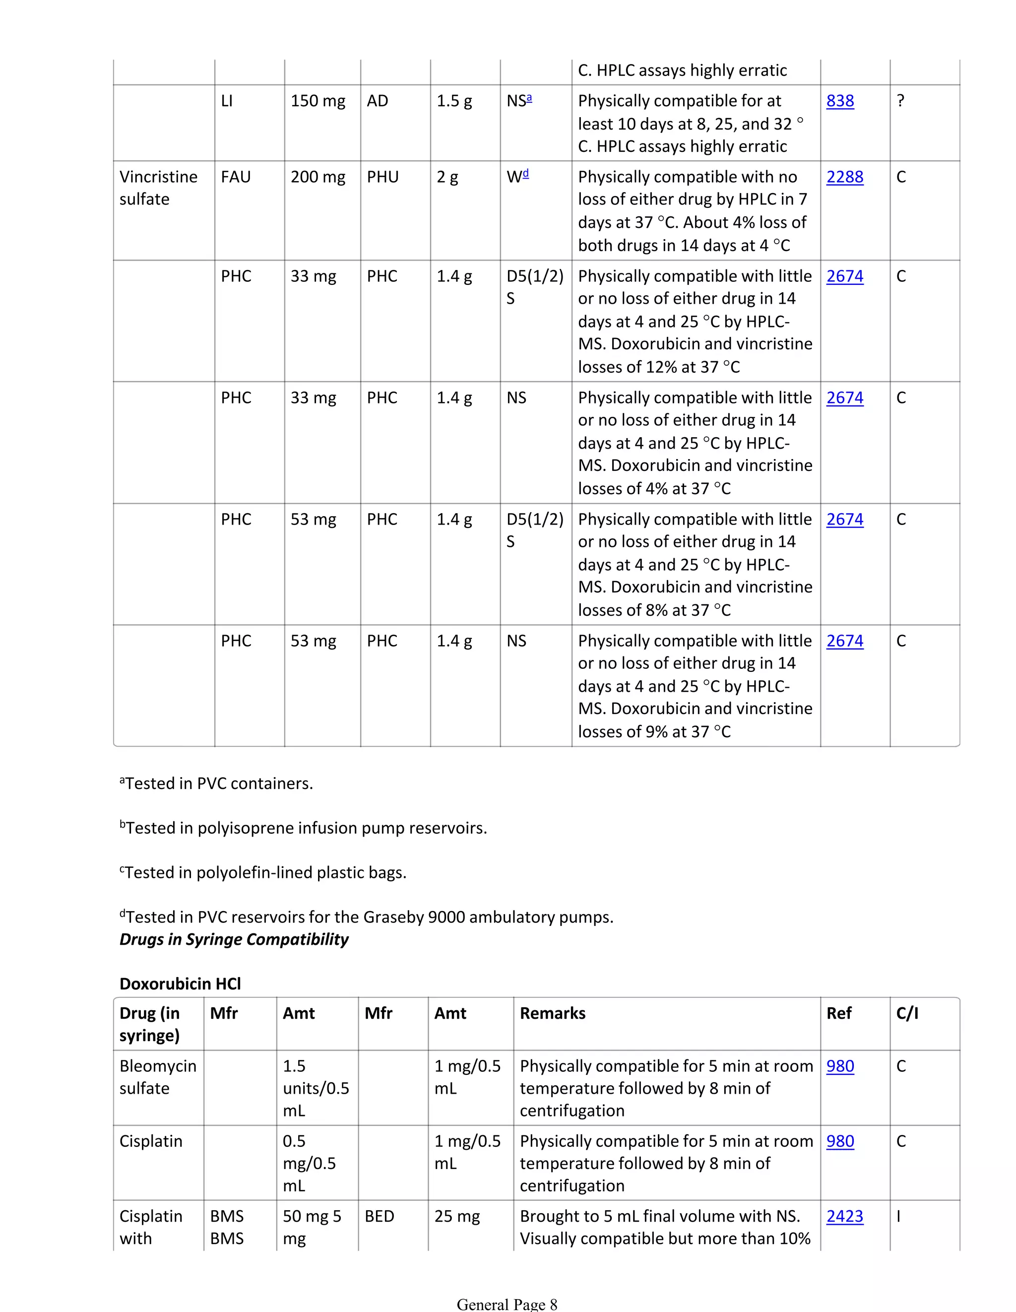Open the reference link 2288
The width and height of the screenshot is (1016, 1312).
coord(844,177)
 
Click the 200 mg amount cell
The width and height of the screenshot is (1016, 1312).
coord(317,177)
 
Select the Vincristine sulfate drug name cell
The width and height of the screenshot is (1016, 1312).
coord(158,188)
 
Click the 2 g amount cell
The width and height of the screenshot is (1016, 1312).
coord(447,177)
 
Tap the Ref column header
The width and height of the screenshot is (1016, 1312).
coord(838,1013)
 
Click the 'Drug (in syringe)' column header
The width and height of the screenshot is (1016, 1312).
coord(149,1024)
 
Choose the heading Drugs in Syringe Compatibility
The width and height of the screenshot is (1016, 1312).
coord(234,939)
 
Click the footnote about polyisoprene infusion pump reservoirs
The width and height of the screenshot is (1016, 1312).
coord(303,828)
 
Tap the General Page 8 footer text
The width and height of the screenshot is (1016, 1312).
coord(507,1304)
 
